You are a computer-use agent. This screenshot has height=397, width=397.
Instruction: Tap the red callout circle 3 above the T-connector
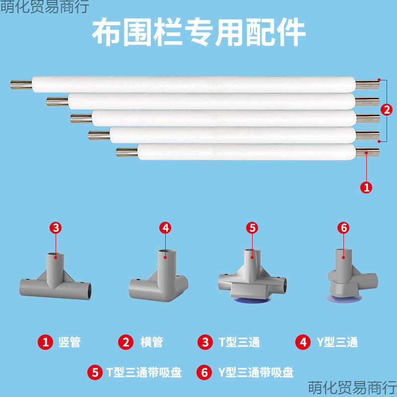coord(56,228)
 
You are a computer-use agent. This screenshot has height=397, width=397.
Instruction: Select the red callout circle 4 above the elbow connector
coord(166,228)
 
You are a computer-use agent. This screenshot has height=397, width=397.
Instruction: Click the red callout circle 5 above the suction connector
coord(252,228)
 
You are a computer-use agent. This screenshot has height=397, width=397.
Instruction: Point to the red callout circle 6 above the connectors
coord(343,228)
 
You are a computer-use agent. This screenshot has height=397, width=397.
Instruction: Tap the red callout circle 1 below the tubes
coord(366,187)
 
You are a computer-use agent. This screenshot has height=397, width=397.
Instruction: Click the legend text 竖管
coord(69,342)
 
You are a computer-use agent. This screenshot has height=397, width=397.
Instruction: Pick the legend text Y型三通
coord(336,342)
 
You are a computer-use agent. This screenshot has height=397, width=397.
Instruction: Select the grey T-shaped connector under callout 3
coord(56,283)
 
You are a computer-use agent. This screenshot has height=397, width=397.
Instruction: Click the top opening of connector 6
coord(340,252)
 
